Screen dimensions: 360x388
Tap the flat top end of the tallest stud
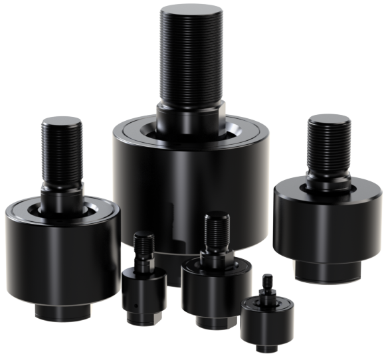[191, 11]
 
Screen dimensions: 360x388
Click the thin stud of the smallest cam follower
[268, 284]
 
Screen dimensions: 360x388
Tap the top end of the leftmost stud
[60, 123]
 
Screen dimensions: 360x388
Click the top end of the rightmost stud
[330, 120]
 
